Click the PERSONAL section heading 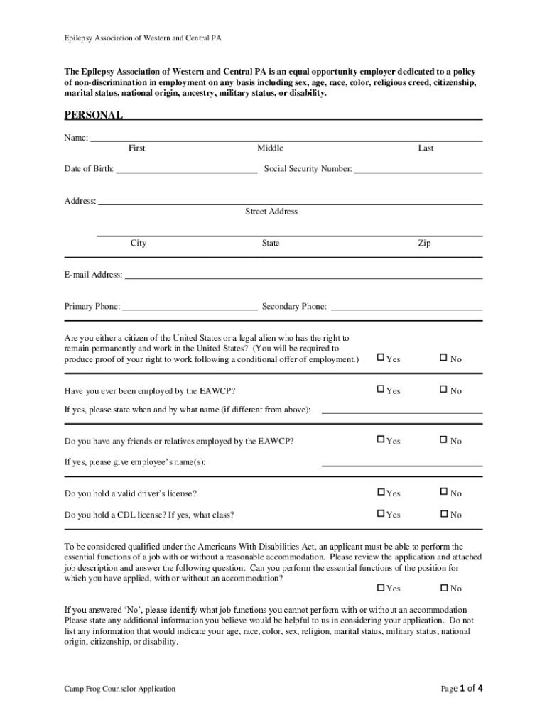pos(94,115)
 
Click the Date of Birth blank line pos(186,170)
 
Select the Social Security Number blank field pos(418,170)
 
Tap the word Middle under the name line pos(270,148)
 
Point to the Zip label pos(424,243)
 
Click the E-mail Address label pos(93,275)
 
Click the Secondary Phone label pos(294,307)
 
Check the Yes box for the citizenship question pos(381,358)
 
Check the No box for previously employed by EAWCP pos(444,390)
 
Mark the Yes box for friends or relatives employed pos(381,440)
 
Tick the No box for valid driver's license pos(444,492)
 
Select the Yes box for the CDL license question pos(381,513)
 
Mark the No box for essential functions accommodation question pos(444,587)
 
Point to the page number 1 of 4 pos(462,688)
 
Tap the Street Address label pos(271,211)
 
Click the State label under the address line pos(270,243)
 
